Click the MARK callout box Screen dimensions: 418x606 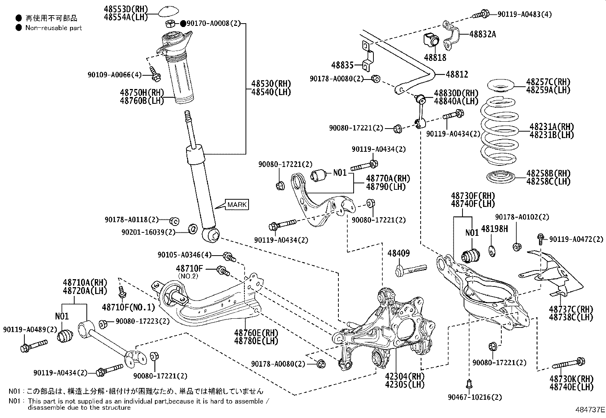(237, 205)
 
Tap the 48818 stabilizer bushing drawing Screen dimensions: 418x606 (431, 39)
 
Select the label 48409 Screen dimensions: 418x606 (399, 253)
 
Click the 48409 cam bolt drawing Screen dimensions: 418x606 (411, 270)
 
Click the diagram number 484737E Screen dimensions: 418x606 (590, 410)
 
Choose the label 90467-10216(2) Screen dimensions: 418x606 (475, 397)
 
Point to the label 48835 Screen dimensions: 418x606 (343, 65)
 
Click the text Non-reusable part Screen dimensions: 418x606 (53, 28)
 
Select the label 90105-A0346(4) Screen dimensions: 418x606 (184, 254)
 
